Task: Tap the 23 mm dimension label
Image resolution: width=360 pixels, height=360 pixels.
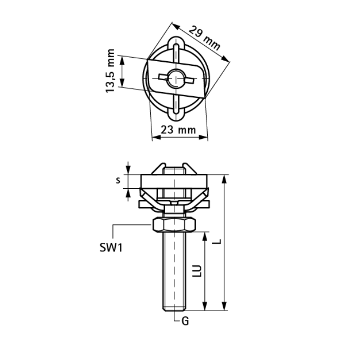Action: pos(178,130)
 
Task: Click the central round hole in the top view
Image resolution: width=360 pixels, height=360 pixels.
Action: pos(176,78)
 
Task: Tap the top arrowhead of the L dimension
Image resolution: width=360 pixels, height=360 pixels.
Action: pos(225,178)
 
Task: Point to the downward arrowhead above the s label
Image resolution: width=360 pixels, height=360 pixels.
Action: pos(129,171)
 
